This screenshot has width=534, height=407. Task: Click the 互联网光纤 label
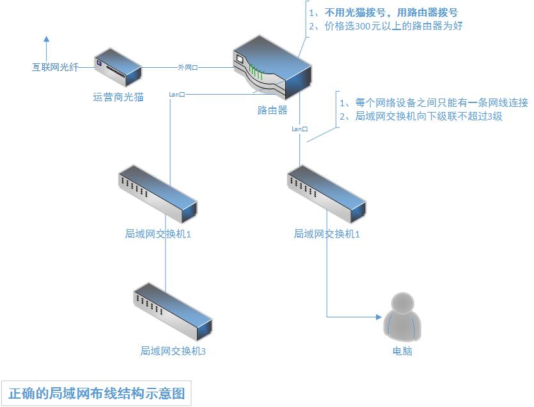click(x=56, y=67)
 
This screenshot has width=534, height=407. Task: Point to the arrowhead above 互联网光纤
click(x=46, y=40)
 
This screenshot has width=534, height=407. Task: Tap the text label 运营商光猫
click(x=118, y=97)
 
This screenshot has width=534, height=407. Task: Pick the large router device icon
click(x=272, y=67)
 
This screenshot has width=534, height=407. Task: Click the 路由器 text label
click(x=272, y=110)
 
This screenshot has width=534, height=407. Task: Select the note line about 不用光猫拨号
click(x=383, y=12)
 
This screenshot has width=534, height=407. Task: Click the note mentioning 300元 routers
click(x=385, y=26)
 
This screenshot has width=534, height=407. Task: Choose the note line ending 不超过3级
click(x=420, y=116)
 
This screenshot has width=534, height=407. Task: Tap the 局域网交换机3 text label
click(x=173, y=351)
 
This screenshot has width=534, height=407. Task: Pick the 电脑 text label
click(x=402, y=351)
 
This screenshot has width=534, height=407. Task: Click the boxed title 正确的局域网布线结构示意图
click(x=96, y=392)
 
